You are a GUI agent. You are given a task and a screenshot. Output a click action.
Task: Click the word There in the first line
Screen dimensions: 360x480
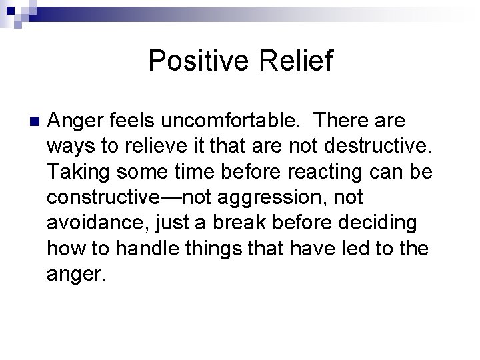pos(346,121)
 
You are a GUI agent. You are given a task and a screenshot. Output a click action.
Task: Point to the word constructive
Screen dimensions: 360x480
pos(101,197)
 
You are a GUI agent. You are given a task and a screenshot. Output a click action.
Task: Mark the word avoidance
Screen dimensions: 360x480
pos(91,223)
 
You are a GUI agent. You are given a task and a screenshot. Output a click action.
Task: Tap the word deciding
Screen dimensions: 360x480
pos(387,223)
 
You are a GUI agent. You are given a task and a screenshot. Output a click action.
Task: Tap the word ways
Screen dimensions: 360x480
pos(69,147)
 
